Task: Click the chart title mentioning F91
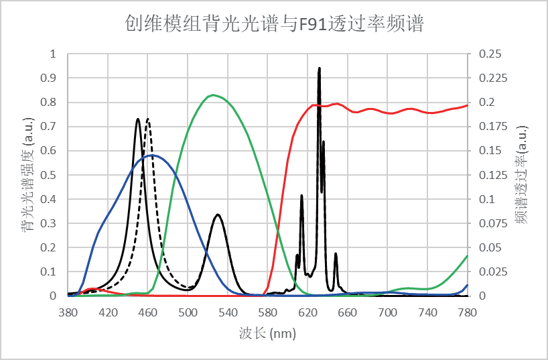[x=273, y=24]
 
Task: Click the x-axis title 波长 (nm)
[x=267, y=333]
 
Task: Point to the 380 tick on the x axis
[x=68, y=312]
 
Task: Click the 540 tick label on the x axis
[x=228, y=312]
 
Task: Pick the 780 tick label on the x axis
[x=467, y=312]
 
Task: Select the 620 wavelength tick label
[x=307, y=312]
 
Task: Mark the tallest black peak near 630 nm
[x=319, y=68]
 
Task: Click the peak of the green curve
[x=212, y=95]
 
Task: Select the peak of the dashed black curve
[x=148, y=119]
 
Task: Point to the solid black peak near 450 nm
[x=138, y=119]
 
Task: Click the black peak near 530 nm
[x=218, y=215]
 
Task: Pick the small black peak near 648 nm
[x=336, y=253]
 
